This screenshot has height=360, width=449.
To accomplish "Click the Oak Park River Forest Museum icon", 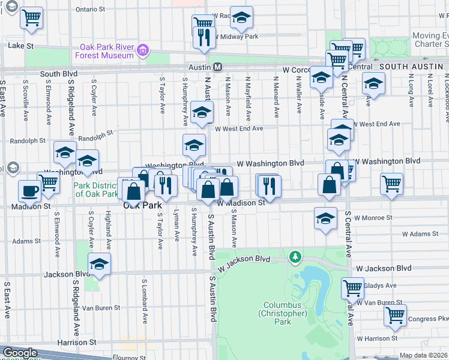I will (143, 50).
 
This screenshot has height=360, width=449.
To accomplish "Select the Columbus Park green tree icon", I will (295, 257).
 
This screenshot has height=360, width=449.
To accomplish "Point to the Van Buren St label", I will (97, 308).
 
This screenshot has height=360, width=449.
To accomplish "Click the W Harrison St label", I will (377, 338).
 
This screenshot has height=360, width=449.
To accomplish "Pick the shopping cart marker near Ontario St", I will (31, 17).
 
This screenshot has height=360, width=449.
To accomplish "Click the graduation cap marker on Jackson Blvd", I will (99, 265).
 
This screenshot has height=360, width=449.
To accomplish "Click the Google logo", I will (20, 353).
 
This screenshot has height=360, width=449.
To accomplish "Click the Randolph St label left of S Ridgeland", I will (28, 140).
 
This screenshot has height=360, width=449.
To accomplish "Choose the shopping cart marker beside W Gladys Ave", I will (352, 287).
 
